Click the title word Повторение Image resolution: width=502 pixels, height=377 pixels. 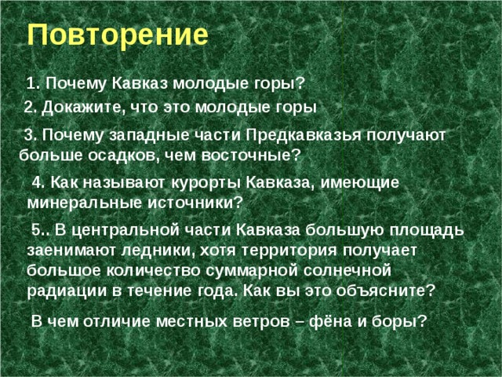pos(118,35)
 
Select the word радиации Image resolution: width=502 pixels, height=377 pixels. pos(64,289)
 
